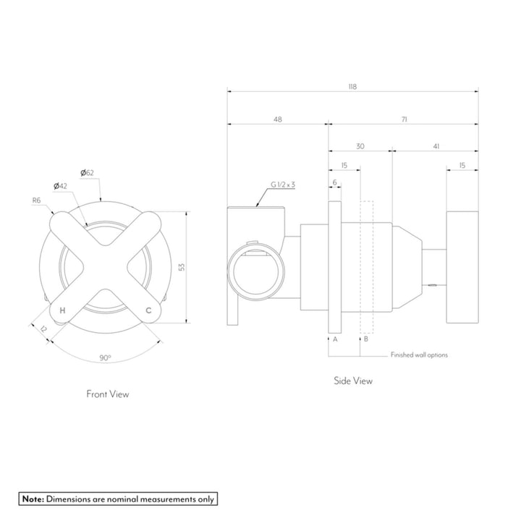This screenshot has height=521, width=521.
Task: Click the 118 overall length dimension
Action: pyautogui.click(x=352, y=86)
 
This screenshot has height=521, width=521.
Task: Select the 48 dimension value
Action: pyautogui.click(x=277, y=119)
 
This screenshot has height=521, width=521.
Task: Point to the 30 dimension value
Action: pyautogui.click(x=360, y=146)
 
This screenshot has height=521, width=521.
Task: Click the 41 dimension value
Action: pyautogui.click(x=436, y=146)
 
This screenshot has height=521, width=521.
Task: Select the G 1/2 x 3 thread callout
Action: pyautogui.click(x=283, y=185)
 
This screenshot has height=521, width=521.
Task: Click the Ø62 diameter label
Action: pyautogui.click(x=88, y=172)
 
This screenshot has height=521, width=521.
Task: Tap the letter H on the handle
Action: pyautogui.click(x=63, y=310)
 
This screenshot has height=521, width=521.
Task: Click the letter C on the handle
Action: pyautogui.click(x=148, y=310)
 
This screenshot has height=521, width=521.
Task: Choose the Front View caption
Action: pyautogui.click(x=107, y=394)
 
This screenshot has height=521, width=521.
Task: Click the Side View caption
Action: pyautogui.click(x=352, y=381)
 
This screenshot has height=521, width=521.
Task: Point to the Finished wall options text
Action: pyautogui.click(x=419, y=355)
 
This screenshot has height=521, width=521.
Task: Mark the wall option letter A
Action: pyautogui.click(x=334, y=339)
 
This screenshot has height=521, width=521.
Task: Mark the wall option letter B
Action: pyautogui.click(x=366, y=339)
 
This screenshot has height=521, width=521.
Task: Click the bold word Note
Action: pyautogui.click(x=33, y=499)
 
